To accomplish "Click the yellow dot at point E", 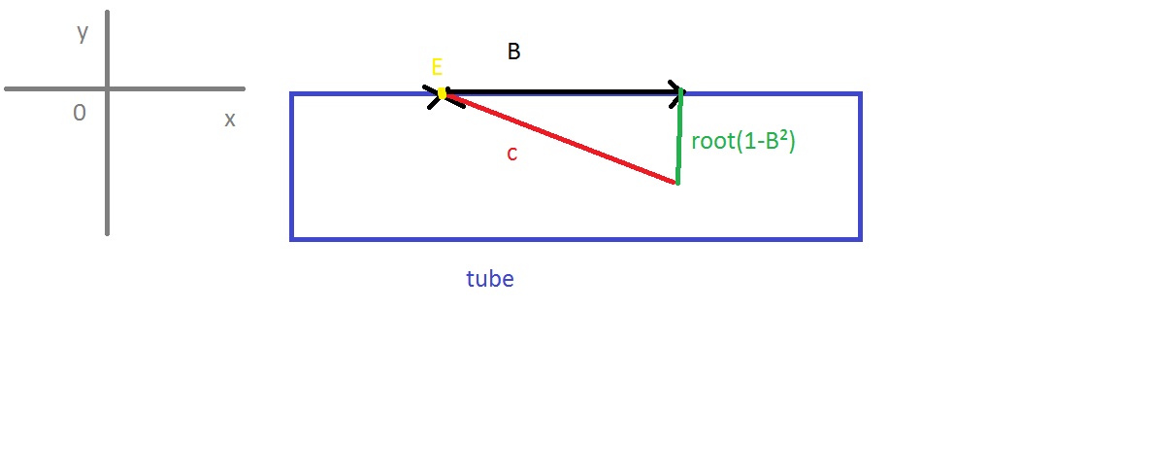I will coord(443,93).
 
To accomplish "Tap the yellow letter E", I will coord(437,68).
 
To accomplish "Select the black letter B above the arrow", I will coord(514,52).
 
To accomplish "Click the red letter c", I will coord(511,154).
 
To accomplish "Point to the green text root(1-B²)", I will coord(743,141).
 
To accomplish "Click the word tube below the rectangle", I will coord(490,280).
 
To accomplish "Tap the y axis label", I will coord(82,33).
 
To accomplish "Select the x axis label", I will coord(230,120).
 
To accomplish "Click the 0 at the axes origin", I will coord(80,114).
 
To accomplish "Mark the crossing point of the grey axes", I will coord(107,88).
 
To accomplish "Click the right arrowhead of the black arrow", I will coord(677,93).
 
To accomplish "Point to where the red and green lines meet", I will coord(676,182).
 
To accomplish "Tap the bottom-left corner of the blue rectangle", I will coord(292,238).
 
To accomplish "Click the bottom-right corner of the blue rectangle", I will coord(860,238).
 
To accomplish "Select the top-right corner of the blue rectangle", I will coord(860,94).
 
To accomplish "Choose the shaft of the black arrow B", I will coord(563,93).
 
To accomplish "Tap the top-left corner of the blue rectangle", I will coord(292,94).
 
